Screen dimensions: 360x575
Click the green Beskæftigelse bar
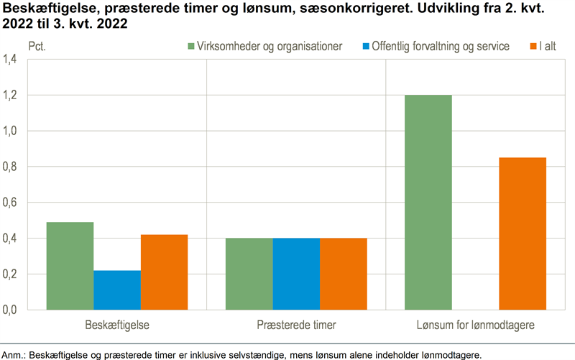(x=70, y=266)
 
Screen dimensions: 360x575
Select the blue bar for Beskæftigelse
(x=117, y=290)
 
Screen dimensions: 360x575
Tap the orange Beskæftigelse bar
(x=165, y=272)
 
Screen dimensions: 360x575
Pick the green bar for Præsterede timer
(x=249, y=274)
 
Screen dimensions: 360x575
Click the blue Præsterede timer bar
(x=296, y=274)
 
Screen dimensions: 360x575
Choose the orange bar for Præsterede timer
(x=344, y=274)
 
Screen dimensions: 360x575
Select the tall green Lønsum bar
(x=428, y=202)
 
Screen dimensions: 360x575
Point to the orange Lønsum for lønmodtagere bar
(x=523, y=234)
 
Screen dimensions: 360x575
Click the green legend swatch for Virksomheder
(x=191, y=47)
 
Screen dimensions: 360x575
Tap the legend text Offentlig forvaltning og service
(x=440, y=47)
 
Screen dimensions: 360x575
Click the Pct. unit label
(x=37, y=47)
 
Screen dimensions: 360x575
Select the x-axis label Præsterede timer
(x=296, y=326)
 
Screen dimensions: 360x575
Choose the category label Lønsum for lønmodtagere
(x=476, y=326)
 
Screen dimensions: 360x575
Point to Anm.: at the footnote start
(x=14, y=354)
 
